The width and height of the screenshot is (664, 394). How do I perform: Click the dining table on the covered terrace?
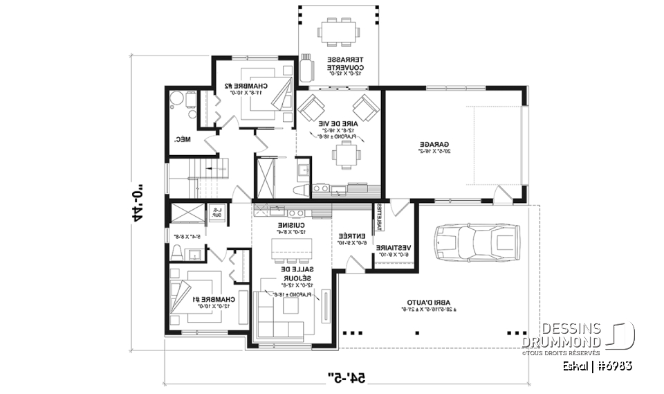[x=340, y=31]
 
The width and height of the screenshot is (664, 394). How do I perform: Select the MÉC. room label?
[x=182, y=139]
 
